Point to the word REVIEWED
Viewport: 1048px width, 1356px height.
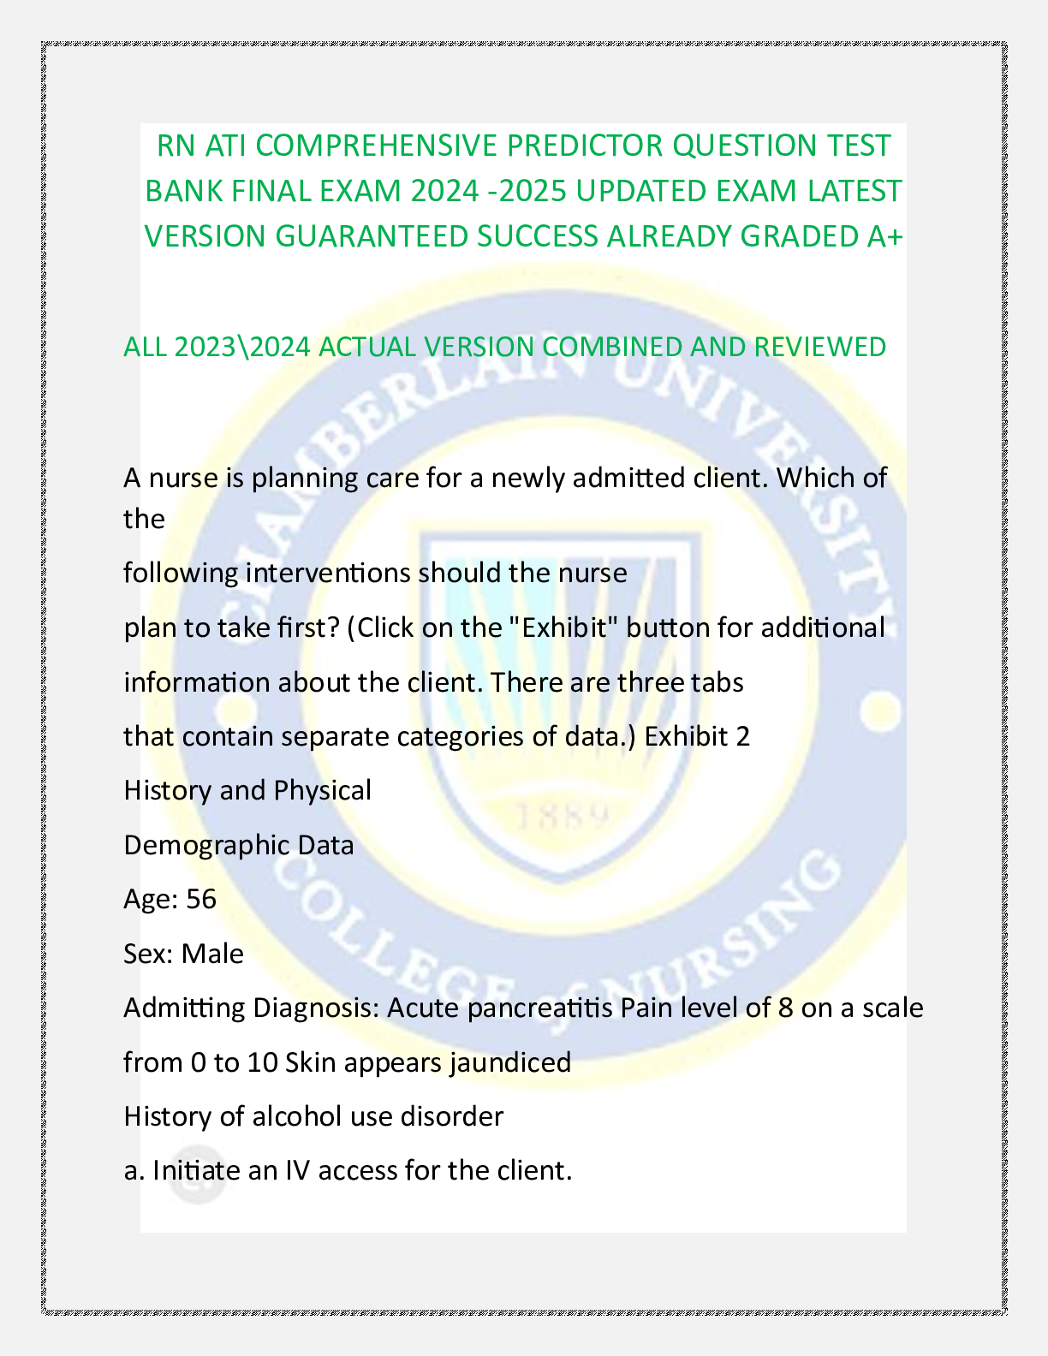[x=819, y=347]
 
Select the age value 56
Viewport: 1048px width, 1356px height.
[x=201, y=899]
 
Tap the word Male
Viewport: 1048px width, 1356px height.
[x=212, y=954]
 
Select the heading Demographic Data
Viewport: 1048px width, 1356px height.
[x=239, y=845]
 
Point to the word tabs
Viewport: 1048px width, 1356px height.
[x=718, y=682]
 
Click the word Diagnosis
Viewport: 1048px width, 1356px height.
[x=315, y=1008]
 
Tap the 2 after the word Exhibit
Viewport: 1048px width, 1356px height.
[x=742, y=736]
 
